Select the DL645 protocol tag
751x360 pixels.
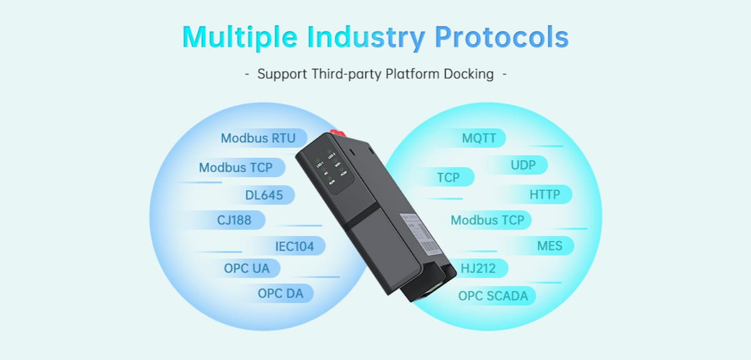264,195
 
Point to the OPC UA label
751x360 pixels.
247,269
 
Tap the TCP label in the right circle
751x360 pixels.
448,178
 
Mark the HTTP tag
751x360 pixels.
544,195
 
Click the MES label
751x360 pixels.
549,245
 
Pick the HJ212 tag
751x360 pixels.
478,269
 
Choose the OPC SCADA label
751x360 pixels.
493,296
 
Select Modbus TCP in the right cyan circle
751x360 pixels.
488,220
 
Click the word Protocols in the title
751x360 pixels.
501,38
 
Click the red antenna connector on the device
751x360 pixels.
339,133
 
